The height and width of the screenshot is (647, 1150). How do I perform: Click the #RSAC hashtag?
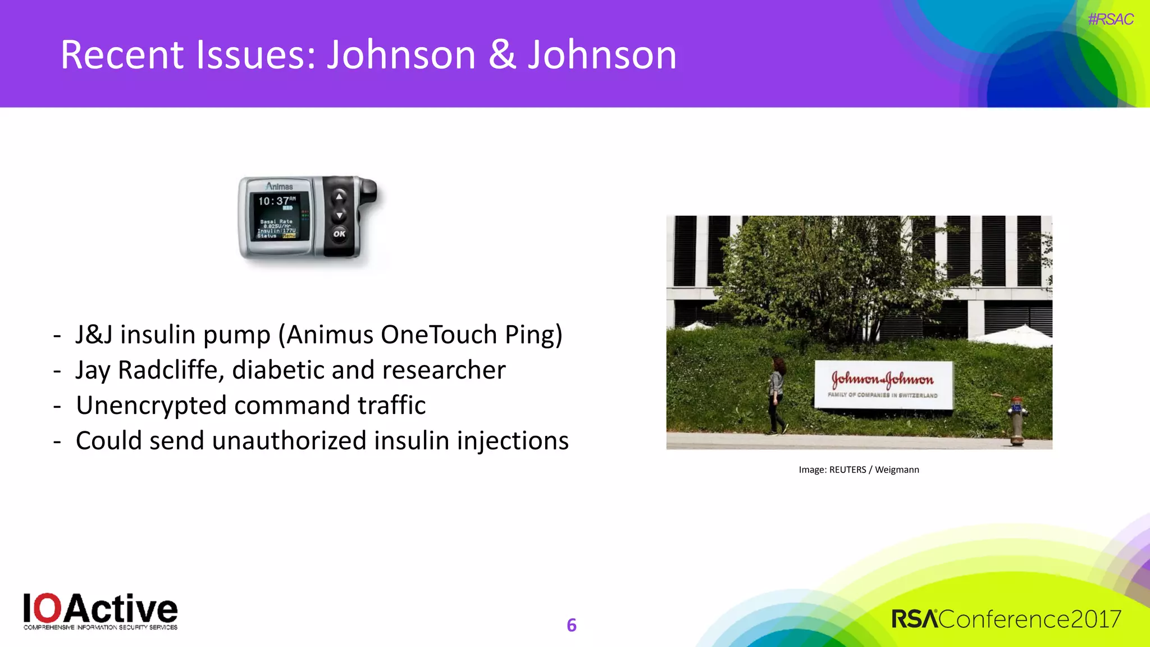1110,20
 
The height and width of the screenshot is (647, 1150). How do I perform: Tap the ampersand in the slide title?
502,55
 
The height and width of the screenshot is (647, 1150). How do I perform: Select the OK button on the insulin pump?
339,234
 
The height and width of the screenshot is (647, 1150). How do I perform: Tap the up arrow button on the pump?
339,197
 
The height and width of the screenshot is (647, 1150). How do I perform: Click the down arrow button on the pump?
339,215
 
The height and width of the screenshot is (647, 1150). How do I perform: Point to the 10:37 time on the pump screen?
273,201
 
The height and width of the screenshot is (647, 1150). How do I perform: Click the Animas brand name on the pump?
279,186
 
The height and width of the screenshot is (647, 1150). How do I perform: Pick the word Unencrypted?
151,405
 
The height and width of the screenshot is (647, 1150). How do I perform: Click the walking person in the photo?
777,395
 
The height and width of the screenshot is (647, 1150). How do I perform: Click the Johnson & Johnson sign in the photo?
883,384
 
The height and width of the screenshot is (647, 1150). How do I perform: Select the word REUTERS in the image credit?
847,470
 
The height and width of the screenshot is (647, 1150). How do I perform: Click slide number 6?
572,625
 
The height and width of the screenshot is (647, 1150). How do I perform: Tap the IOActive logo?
101,611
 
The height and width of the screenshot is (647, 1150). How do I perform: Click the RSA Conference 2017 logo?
1006,619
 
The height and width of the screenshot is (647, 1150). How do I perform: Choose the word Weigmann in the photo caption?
897,470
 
